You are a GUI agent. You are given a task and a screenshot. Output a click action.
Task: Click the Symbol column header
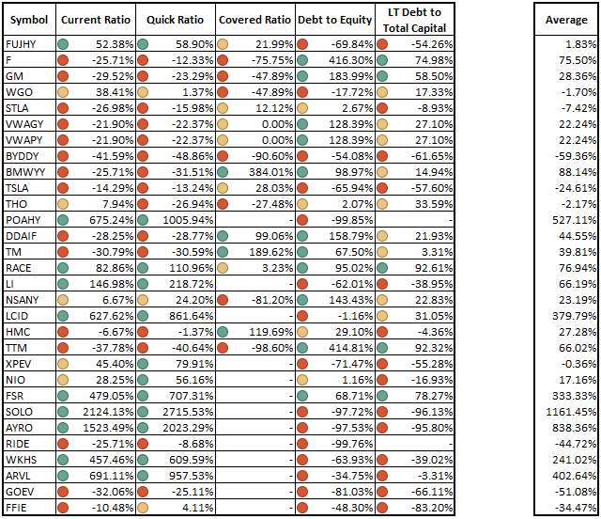[x=29, y=20]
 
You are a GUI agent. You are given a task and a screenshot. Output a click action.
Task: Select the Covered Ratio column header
[x=254, y=20]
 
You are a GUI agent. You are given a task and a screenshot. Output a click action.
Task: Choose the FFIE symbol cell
[x=18, y=508]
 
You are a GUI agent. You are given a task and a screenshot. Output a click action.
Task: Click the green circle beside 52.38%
[x=62, y=44]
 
